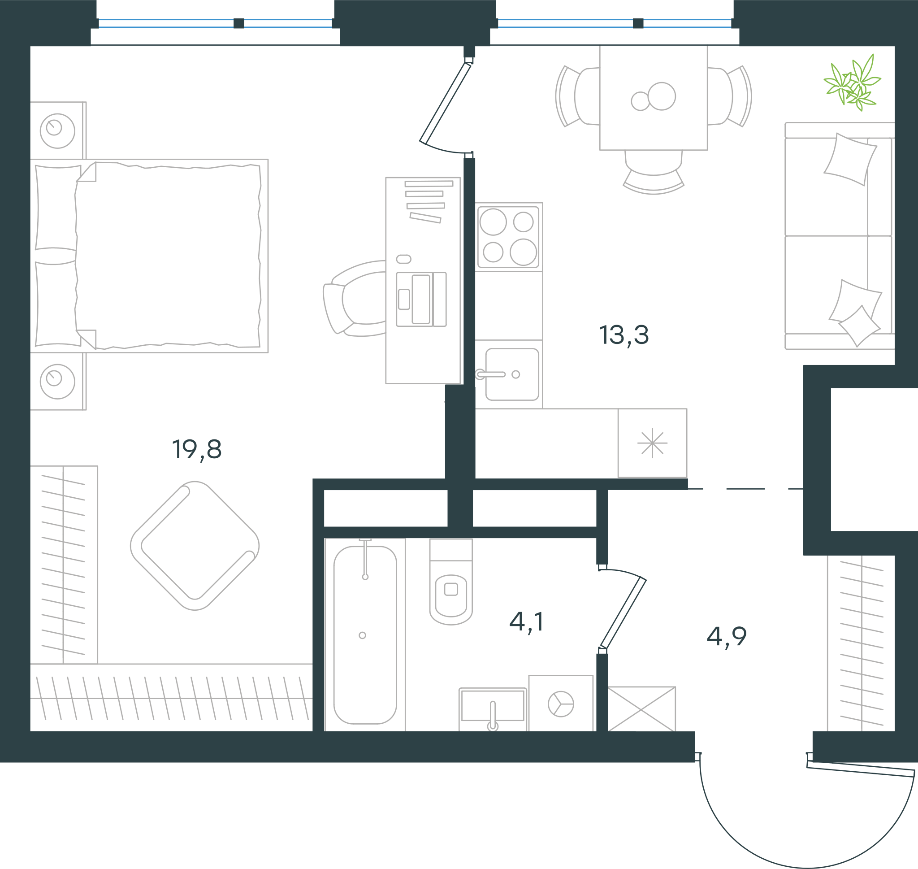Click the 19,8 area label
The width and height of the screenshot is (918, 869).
[x=197, y=449]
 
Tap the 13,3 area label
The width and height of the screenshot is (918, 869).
[x=624, y=335]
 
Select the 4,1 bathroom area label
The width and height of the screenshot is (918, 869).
[x=526, y=621]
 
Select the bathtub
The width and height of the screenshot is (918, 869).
[x=365, y=634]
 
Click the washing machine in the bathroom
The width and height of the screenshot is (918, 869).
[x=561, y=703]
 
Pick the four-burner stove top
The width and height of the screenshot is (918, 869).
[x=508, y=237]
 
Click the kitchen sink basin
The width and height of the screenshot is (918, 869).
[x=512, y=374]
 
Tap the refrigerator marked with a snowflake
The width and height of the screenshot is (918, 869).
[x=652, y=443]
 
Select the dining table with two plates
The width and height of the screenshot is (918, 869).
[x=653, y=97]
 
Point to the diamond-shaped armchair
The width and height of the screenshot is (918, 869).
[x=195, y=546]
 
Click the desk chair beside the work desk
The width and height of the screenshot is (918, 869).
[x=355, y=297]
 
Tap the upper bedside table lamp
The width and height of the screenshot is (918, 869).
[x=57, y=130]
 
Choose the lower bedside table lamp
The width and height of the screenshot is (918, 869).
[x=57, y=381]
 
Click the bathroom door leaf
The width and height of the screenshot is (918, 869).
[x=623, y=613]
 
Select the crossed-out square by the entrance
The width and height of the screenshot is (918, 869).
[x=641, y=709]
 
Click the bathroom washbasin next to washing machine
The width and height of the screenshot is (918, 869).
[x=493, y=709]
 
